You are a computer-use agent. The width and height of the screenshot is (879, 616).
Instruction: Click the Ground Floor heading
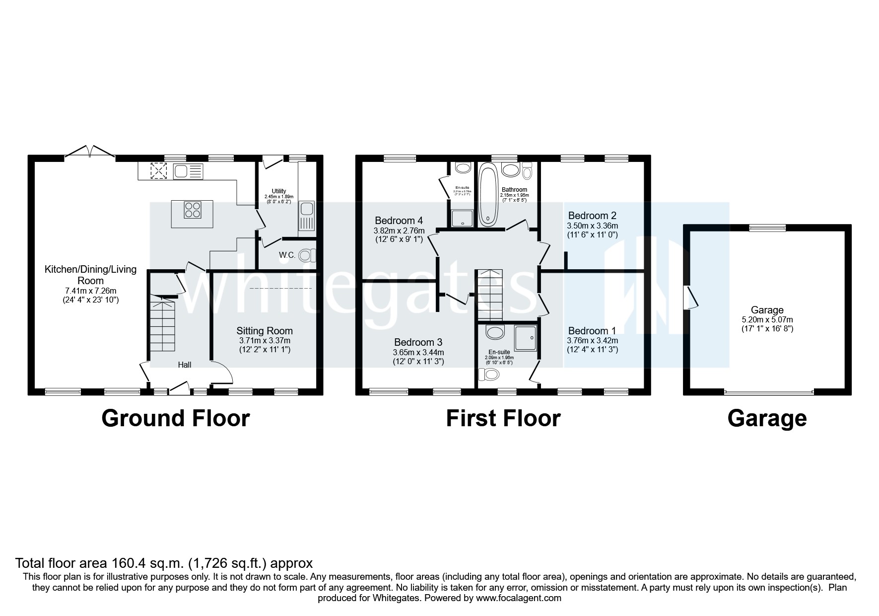point(175,418)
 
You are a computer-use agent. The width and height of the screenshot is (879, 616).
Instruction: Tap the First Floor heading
point(503,418)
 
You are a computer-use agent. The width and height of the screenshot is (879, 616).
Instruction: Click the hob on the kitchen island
point(193,210)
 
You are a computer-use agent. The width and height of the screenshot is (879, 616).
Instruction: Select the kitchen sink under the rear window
point(188,171)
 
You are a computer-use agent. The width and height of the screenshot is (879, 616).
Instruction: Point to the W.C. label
point(287,255)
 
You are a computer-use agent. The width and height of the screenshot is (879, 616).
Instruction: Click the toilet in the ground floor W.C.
point(307,255)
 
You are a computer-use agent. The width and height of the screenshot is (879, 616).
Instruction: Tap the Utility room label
point(278,191)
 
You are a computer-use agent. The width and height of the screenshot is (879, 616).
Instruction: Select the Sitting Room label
point(264,331)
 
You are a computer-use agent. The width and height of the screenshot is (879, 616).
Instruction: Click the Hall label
point(185,365)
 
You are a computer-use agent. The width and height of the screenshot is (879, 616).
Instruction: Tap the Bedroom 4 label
point(399,221)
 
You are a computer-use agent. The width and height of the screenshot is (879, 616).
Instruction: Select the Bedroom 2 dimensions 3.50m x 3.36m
point(592,226)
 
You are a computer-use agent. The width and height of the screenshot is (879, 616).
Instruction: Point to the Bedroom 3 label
point(418,342)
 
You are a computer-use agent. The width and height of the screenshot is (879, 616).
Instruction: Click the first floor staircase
point(490,295)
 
